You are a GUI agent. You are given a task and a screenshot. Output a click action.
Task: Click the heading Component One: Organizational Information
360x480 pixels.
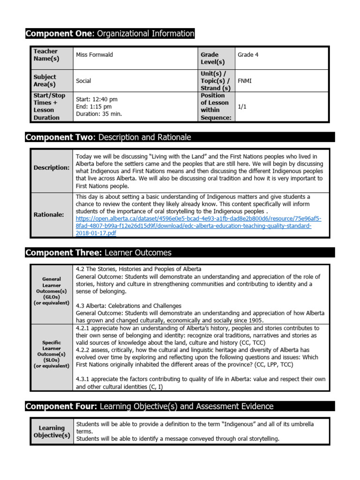click(110, 33)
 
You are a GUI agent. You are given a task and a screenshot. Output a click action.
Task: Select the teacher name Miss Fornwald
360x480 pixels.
click(94, 55)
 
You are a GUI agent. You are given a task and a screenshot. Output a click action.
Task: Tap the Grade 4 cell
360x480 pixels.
click(248, 55)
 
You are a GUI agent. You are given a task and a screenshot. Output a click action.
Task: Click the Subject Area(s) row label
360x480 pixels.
click(45, 81)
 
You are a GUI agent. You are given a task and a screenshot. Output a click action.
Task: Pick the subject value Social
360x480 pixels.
click(83, 81)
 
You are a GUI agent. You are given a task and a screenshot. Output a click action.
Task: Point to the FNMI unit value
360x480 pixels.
click(245, 81)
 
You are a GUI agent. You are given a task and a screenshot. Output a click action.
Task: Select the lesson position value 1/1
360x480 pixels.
click(242, 107)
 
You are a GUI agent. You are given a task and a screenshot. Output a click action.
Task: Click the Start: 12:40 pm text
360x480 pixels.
click(97, 99)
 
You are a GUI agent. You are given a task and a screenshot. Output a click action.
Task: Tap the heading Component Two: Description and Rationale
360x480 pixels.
click(108, 137)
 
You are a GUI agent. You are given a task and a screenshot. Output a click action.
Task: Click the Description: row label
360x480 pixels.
click(52, 167)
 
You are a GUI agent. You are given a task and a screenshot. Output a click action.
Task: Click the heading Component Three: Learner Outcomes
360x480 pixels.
click(98, 253)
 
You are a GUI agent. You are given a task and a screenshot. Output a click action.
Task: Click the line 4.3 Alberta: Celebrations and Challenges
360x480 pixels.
click(128, 306)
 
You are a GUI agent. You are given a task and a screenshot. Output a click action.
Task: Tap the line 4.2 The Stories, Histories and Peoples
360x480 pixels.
click(138, 269)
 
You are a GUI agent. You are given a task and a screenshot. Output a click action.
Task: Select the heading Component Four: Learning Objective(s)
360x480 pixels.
click(150, 406)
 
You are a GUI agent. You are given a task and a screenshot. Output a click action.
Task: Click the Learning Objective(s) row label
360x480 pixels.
click(52, 432)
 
